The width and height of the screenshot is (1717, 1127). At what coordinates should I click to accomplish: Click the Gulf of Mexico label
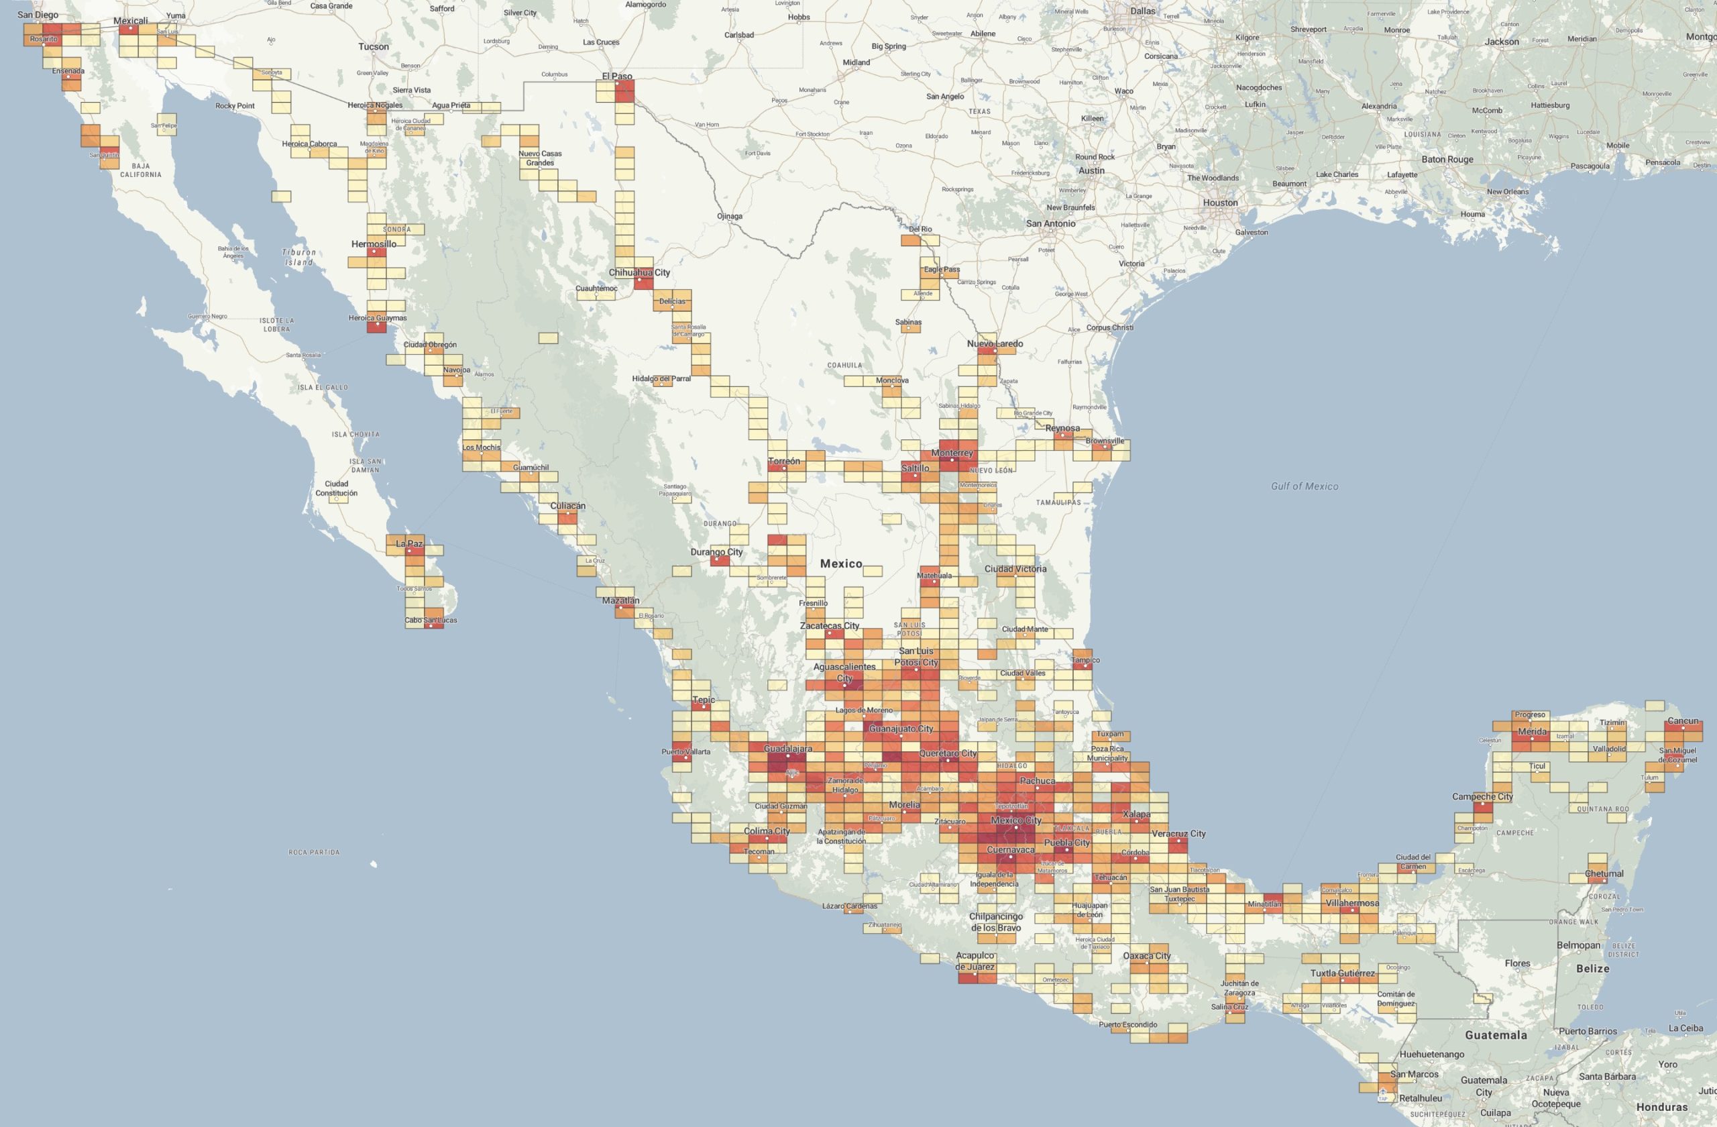(1305, 486)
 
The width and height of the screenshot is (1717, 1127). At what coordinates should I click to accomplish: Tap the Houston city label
(1220, 203)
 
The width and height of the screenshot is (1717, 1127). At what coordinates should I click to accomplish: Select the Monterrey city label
(952, 453)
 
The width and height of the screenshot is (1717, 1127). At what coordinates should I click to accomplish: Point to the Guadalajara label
(788, 749)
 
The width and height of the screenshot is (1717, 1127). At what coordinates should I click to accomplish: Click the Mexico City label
(1015, 820)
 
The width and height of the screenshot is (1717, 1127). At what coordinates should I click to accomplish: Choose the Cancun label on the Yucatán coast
(1682, 720)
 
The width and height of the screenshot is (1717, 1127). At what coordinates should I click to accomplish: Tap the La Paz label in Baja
(409, 543)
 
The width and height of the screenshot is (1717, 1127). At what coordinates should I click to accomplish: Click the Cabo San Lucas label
(430, 620)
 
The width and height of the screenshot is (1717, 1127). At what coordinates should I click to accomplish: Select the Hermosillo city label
(374, 244)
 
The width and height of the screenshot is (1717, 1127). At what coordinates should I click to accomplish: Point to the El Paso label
(617, 76)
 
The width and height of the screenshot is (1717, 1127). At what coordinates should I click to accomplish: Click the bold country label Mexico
(840, 563)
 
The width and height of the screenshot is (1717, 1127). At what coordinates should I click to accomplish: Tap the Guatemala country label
(1496, 1034)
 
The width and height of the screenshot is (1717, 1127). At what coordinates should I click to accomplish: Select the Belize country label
(1592, 968)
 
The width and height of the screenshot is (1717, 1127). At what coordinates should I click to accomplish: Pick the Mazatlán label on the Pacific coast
(620, 600)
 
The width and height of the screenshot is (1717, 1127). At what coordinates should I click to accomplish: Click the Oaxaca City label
(1146, 956)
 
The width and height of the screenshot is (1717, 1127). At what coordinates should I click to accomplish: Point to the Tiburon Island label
(298, 257)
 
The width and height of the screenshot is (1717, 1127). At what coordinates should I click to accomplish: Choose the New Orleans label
(1507, 191)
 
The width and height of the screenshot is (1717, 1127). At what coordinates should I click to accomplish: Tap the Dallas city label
(1143, 11)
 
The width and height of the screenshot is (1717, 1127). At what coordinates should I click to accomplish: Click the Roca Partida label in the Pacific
(314, 852)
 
